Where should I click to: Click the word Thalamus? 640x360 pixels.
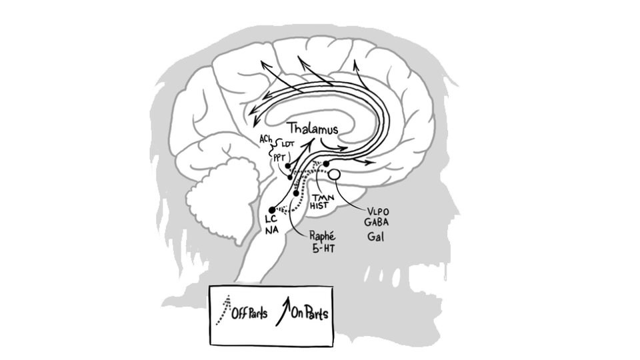313,128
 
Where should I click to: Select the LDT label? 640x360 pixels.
288,143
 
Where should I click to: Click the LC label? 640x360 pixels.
271,219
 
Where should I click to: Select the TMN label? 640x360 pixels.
323,198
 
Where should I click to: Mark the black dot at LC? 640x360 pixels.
271,210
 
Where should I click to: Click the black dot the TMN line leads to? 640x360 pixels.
327,163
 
